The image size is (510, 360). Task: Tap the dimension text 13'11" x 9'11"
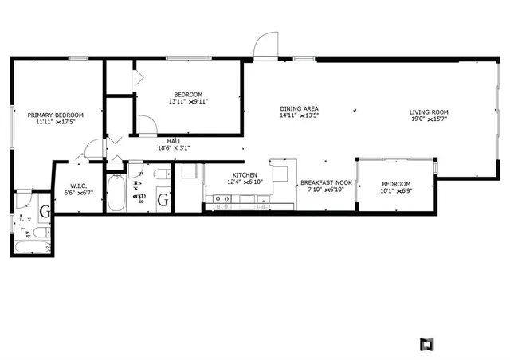pos(188,101)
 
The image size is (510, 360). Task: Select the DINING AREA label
pos(300,108)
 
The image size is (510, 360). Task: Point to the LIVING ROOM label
pos(429,112)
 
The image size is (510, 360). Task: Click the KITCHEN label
pos(244,175)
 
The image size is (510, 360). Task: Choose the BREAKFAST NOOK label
pos(326,183)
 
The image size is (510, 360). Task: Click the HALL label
pos(174,141)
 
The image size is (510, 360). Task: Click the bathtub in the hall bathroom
pos(116,192)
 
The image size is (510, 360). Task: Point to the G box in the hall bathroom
pos(163,200)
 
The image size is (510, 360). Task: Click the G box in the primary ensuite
pos(45,212)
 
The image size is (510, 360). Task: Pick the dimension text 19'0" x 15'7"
pos(429,120)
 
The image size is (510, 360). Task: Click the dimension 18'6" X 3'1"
pos(174,148)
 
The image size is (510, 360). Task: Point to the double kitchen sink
pos(220,197)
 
